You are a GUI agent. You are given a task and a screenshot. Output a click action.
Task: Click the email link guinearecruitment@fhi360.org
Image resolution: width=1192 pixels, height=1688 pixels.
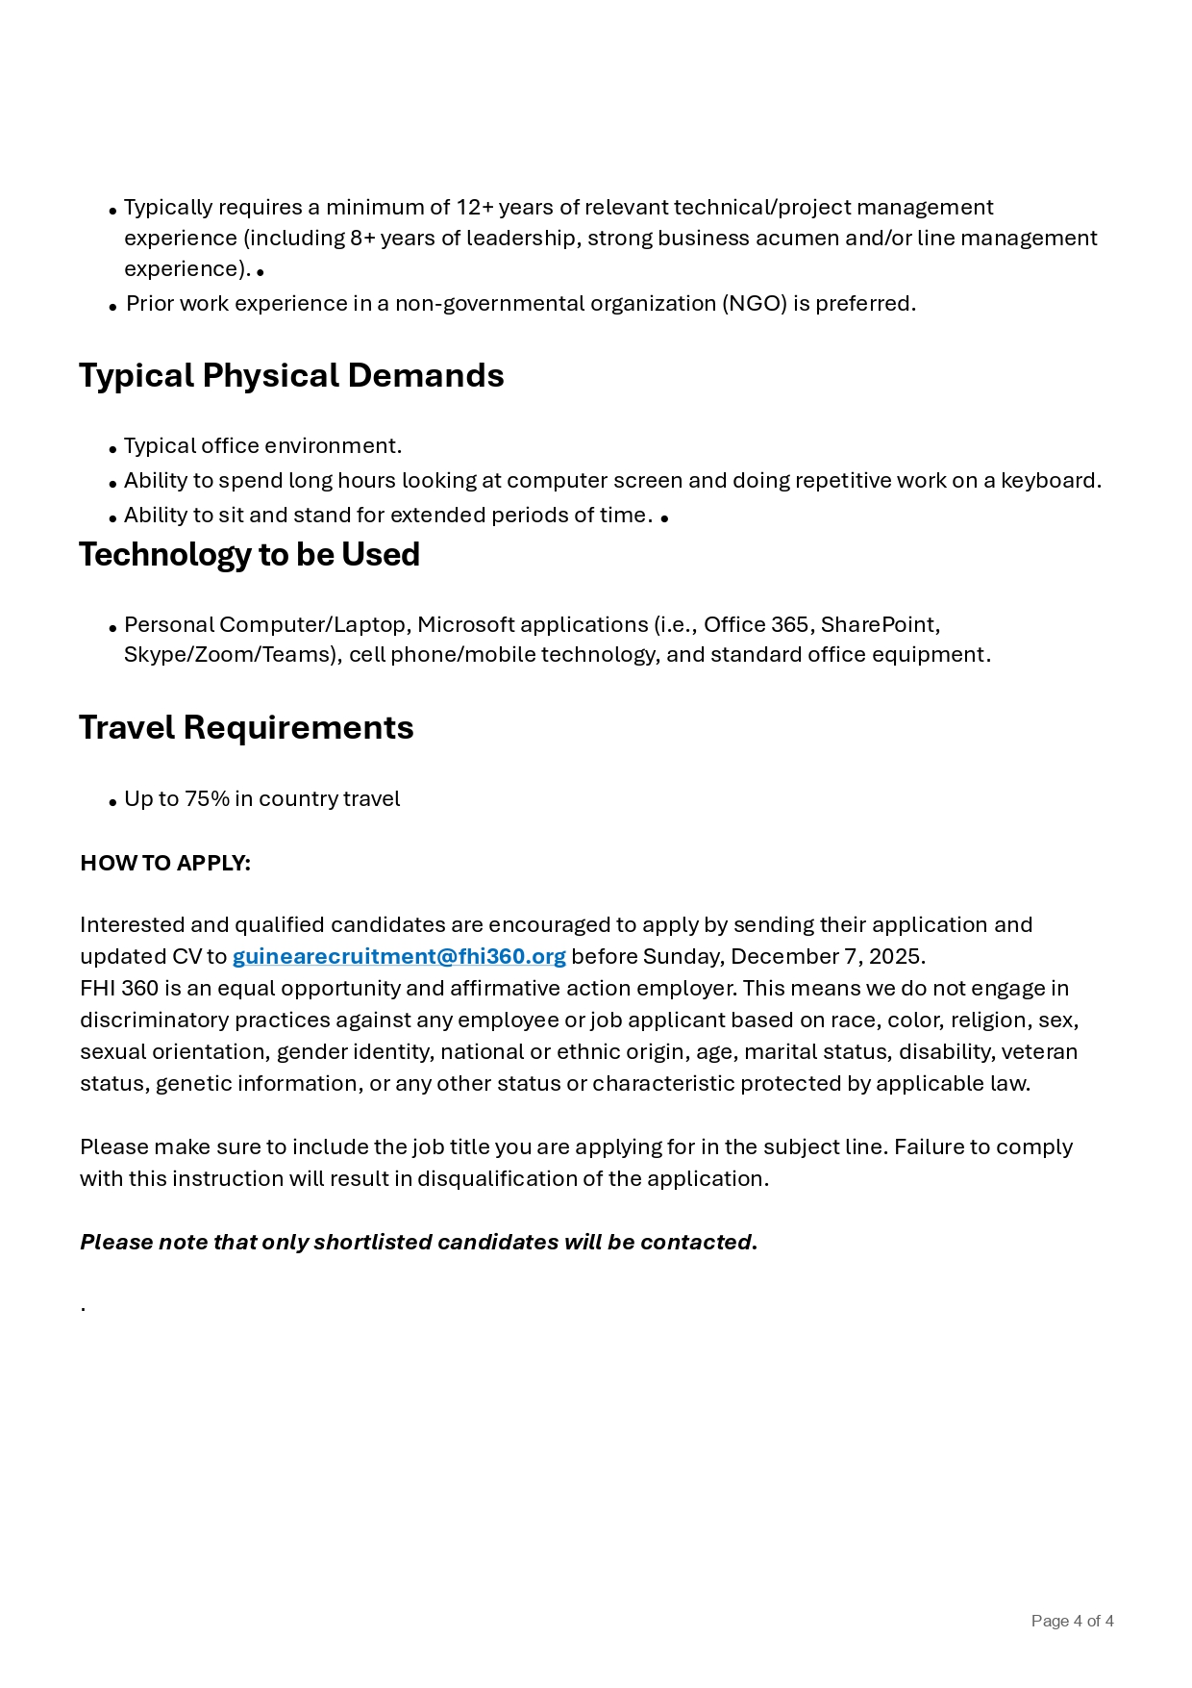[399, 956]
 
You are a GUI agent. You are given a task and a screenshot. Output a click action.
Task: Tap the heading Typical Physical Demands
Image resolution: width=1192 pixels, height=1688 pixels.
[291, 375]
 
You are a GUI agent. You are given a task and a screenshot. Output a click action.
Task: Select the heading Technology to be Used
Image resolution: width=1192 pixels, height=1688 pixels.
[249, 554]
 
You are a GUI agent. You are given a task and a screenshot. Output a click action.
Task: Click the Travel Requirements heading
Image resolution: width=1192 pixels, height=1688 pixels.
[246, 727]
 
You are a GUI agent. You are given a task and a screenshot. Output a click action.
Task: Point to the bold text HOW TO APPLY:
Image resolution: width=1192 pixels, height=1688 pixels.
[165, 863]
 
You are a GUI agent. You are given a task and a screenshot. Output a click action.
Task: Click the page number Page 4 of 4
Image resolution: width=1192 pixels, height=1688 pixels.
[1072, 1621]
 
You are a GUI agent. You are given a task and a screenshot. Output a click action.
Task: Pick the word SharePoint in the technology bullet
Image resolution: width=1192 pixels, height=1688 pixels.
[878, 624]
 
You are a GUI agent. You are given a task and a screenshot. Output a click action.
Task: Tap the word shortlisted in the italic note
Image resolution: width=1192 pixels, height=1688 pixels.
[373, 1242]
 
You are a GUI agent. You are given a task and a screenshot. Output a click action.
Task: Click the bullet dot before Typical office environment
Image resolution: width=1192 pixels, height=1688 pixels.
[113, 448]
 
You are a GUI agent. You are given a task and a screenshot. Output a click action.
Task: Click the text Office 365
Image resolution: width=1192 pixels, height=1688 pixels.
[757, 624]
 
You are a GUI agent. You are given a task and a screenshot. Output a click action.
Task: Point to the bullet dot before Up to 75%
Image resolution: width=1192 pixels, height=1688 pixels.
[113, 801]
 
